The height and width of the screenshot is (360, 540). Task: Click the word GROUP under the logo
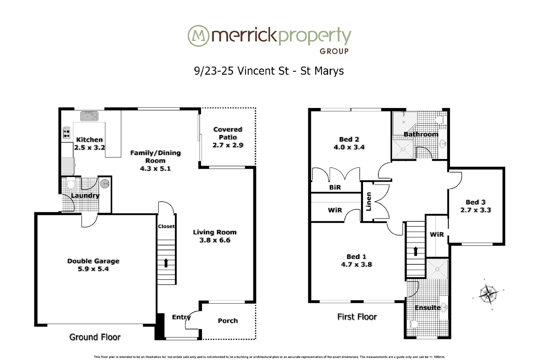334,51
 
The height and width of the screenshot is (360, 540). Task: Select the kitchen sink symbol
89,116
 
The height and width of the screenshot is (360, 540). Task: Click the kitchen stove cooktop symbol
67,133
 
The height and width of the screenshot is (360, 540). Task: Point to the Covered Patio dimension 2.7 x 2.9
228,145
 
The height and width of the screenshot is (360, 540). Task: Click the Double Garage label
93,261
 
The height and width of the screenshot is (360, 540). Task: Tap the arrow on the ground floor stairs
166,262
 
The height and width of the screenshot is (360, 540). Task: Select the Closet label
166,226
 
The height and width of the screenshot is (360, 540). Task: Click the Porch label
228,321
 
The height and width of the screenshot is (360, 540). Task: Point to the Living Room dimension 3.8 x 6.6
215,240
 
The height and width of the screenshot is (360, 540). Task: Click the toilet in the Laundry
71,184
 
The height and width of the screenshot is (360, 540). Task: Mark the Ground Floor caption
95,337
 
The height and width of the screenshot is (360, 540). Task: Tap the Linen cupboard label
368,202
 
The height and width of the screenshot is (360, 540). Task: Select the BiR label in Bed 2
335,187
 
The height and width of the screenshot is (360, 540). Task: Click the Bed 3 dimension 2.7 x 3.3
475,210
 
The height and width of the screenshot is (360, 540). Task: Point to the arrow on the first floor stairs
415,251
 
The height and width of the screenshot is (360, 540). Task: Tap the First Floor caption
357,317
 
